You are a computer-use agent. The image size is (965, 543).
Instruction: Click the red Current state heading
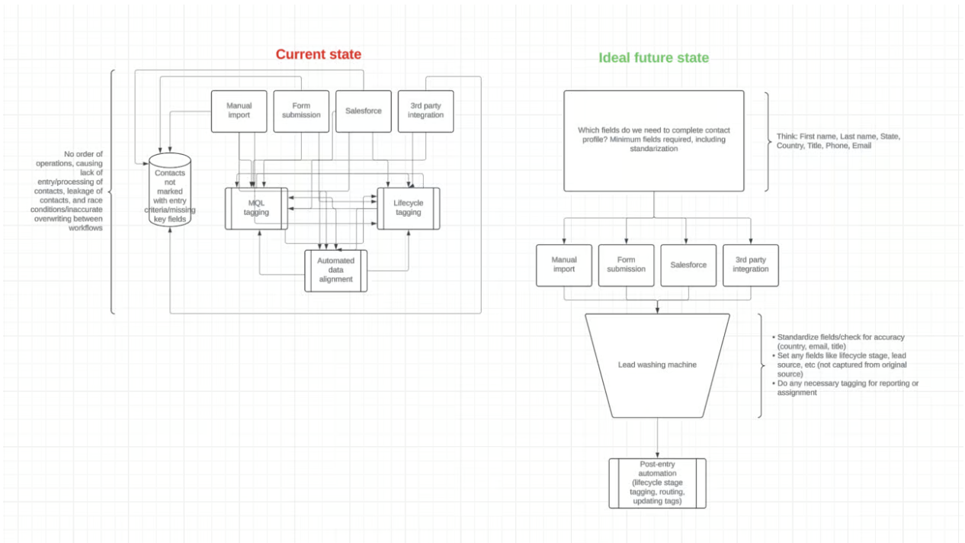318,54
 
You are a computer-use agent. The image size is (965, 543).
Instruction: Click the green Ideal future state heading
653,58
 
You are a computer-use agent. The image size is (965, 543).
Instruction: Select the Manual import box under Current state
239,111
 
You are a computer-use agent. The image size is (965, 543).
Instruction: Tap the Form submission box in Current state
301,111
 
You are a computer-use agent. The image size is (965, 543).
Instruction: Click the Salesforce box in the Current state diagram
363,111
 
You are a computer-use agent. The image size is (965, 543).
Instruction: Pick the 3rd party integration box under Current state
425,111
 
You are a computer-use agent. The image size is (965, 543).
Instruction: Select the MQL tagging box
256,207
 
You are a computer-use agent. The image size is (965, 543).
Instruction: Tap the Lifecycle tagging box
408,207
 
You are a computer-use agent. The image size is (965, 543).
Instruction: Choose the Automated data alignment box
335,270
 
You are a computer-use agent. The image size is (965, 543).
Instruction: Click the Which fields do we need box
653,140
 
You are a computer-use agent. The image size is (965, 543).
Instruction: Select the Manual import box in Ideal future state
564,265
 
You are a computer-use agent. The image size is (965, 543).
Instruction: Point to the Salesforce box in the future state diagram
688,265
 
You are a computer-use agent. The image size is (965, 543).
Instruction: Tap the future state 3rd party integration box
751,265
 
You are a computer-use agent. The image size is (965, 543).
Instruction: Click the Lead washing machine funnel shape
657,365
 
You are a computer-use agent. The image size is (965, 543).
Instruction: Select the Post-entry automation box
657,483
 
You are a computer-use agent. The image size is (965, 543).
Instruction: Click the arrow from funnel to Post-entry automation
657,439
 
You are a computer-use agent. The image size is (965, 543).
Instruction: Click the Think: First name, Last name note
838,140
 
